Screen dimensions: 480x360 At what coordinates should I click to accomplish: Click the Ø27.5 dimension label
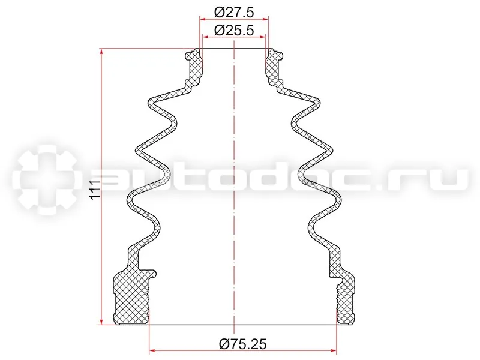pyautogui.click(x=234, y=13)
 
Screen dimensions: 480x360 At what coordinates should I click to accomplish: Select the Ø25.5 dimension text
pyautogui.click(x=234, y=31)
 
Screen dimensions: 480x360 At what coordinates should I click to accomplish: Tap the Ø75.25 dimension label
pyautogui.click(x=243, y=344)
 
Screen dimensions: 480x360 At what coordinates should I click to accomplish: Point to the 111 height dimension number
pyautogui.click(x=95, y=190)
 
